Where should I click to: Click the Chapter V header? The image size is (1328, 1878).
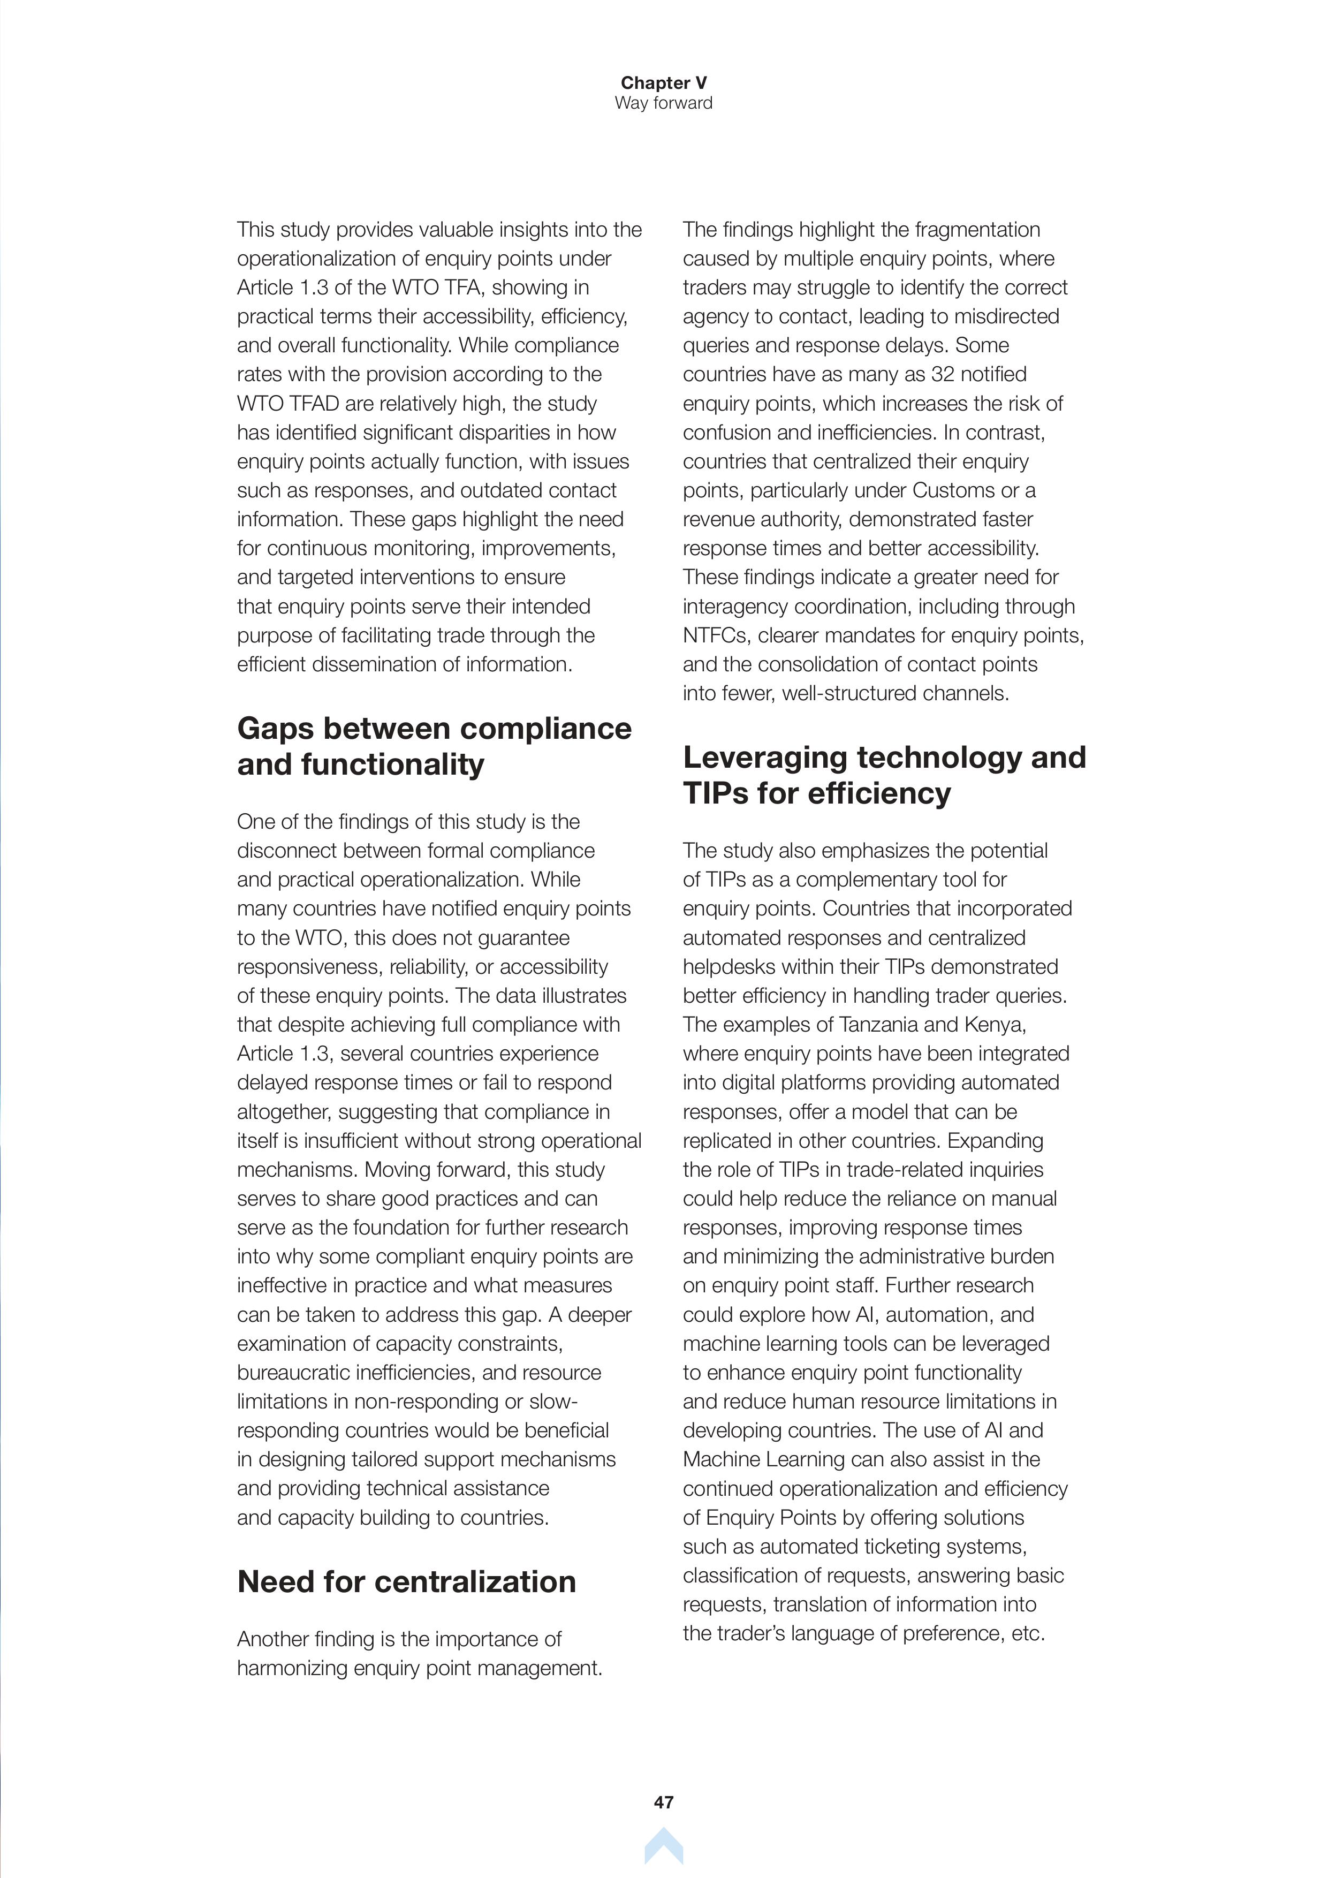coord(663,82)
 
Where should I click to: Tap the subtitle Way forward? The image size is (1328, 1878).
coord(663,103)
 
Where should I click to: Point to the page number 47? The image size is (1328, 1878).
coord(663,1802)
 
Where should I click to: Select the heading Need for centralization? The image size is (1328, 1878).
coord(406,1582)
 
